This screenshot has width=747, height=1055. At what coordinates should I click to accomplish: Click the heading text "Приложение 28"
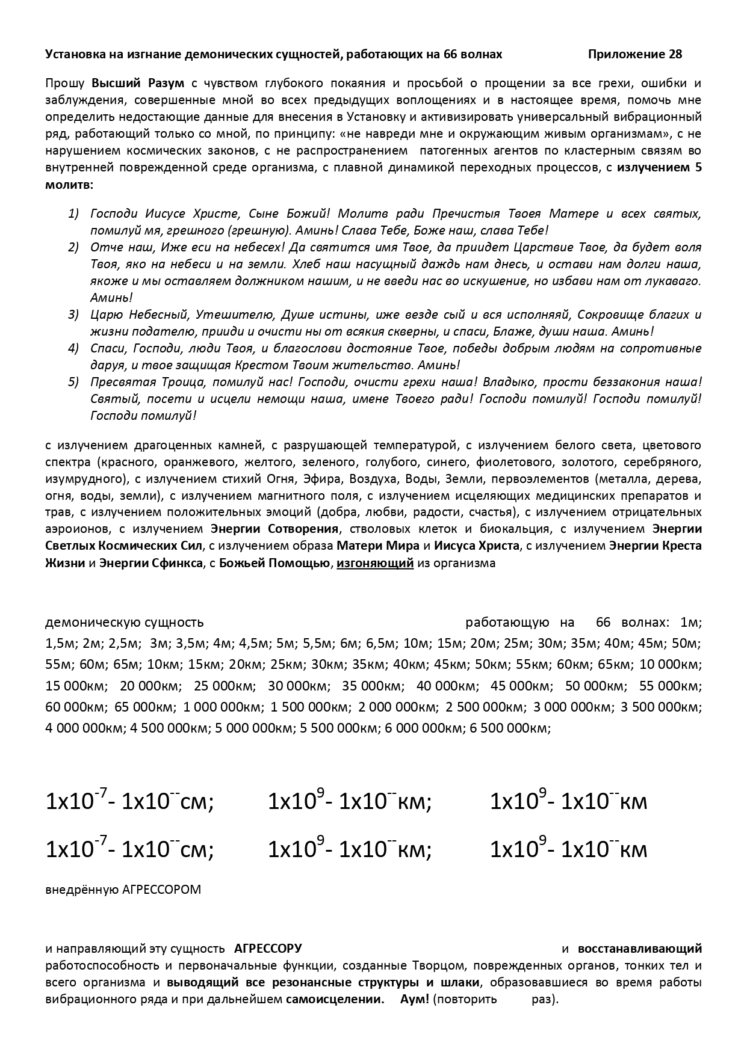tap(634, 55)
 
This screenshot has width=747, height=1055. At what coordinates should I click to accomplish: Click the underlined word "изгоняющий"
tap(374, 564)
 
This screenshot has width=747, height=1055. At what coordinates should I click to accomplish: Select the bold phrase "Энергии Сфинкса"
tap(150, 564)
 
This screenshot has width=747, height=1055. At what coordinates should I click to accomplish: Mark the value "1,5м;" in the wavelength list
tap(61, 644)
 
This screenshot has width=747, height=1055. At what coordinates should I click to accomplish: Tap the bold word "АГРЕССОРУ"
tap(268, 949)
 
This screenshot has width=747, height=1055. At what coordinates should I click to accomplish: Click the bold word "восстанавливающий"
tap(639, 949)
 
